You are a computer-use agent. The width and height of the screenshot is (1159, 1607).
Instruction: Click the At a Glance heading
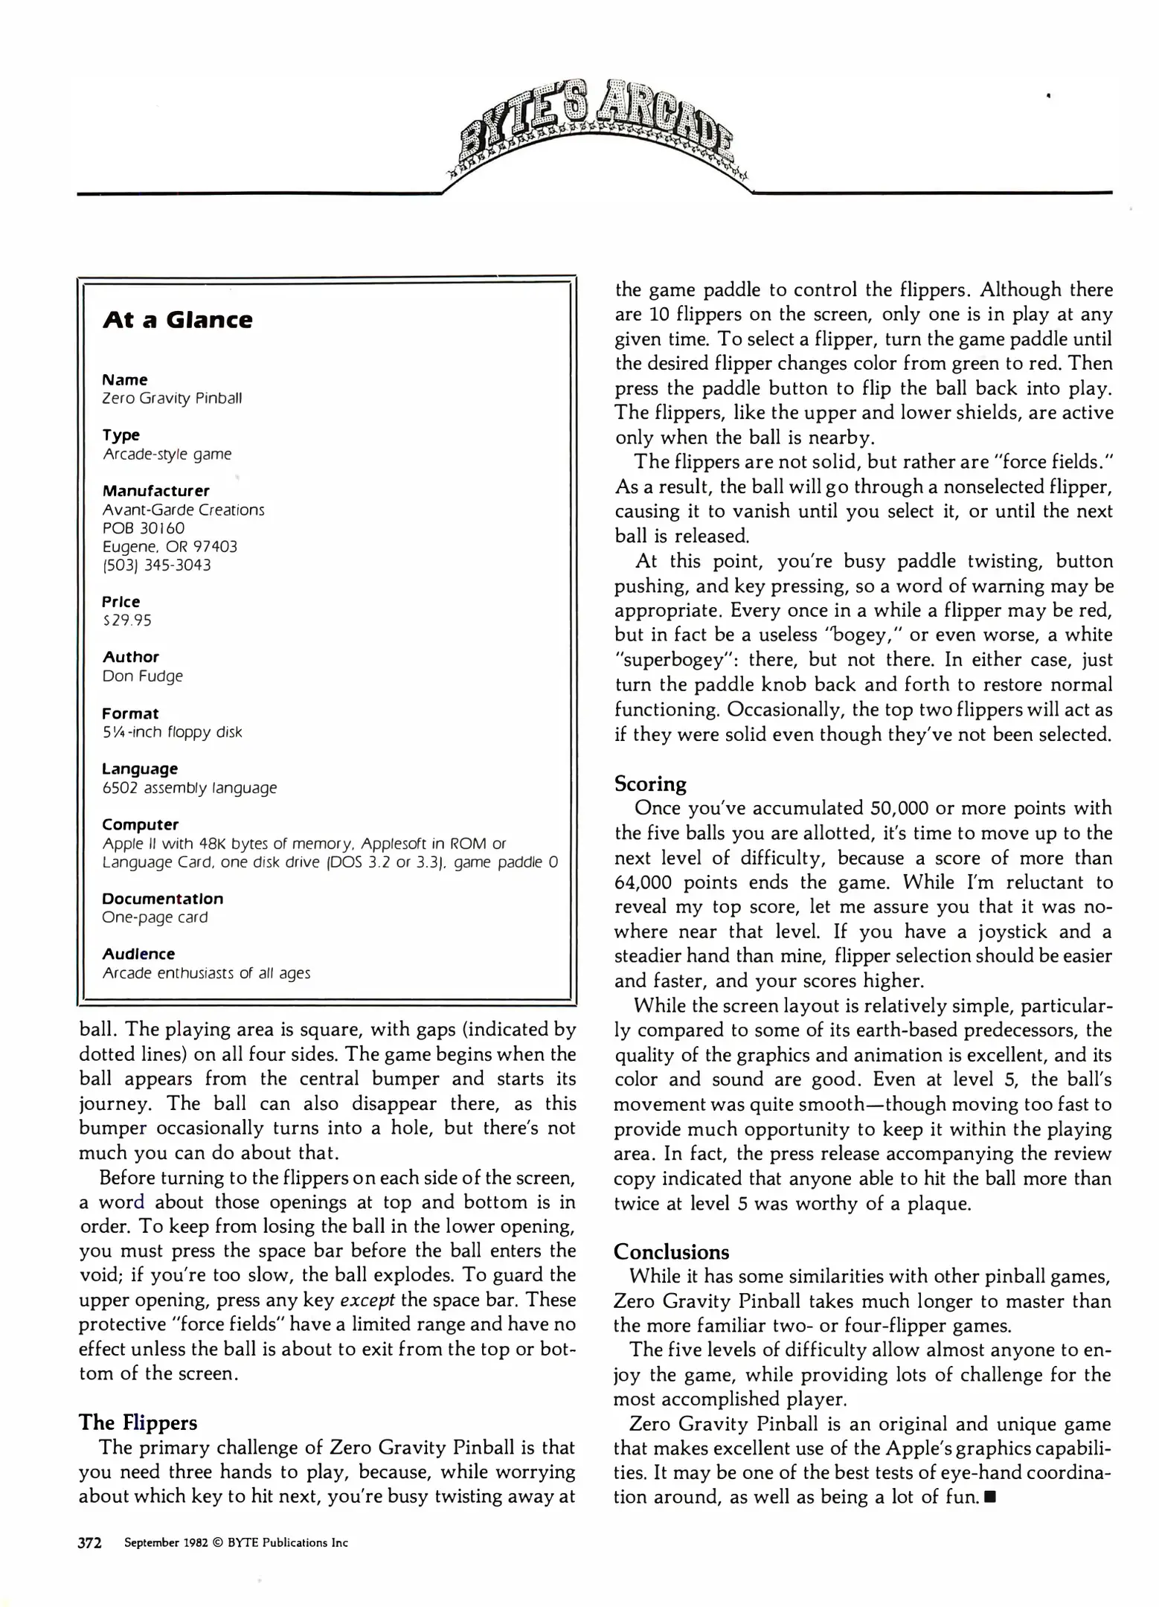click(178, 320)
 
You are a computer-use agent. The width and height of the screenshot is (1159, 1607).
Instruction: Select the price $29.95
click(127, 620)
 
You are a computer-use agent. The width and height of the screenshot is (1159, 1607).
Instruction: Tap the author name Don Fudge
click(143, 676)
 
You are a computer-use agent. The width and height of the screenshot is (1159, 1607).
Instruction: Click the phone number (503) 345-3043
click(157, 565)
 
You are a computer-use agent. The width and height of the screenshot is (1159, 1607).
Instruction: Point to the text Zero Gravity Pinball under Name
click(172, 399)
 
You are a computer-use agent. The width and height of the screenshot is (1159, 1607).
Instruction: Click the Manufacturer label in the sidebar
click(156, 491)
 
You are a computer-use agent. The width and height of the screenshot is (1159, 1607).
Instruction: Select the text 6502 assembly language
click(190, 788)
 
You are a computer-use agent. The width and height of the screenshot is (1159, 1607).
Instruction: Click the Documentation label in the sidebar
click(163, 899)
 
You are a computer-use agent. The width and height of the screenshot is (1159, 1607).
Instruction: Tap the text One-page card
click(155, 917)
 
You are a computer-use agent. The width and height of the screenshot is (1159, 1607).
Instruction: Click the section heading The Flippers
click(138, 1422)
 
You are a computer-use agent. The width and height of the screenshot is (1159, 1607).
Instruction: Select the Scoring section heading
click(650, 783)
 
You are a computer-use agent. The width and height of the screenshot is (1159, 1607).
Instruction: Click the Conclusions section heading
click(671, 1251)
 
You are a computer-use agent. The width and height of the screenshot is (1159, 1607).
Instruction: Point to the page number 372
click(90, 1542)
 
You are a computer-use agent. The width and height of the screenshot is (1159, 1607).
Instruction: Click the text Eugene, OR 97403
click(170, 547)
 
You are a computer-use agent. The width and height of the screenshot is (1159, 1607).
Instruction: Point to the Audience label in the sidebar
click(139, 954)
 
